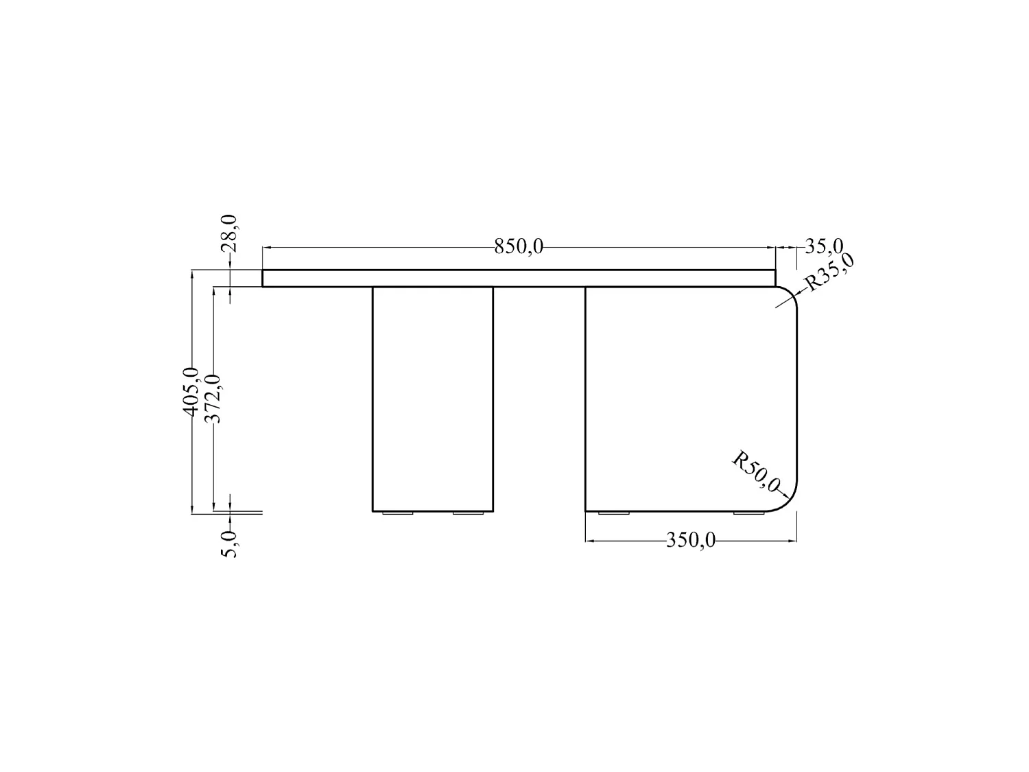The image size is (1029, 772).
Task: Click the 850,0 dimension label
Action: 519,246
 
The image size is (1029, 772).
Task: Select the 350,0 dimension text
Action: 691,541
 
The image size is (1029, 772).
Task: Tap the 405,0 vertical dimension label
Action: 191,392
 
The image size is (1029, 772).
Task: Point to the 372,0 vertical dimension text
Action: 213,399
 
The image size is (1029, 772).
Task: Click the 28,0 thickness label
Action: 229,233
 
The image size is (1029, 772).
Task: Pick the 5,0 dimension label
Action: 229,543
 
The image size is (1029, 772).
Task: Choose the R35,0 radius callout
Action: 829,272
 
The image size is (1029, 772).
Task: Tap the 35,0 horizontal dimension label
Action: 824,246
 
